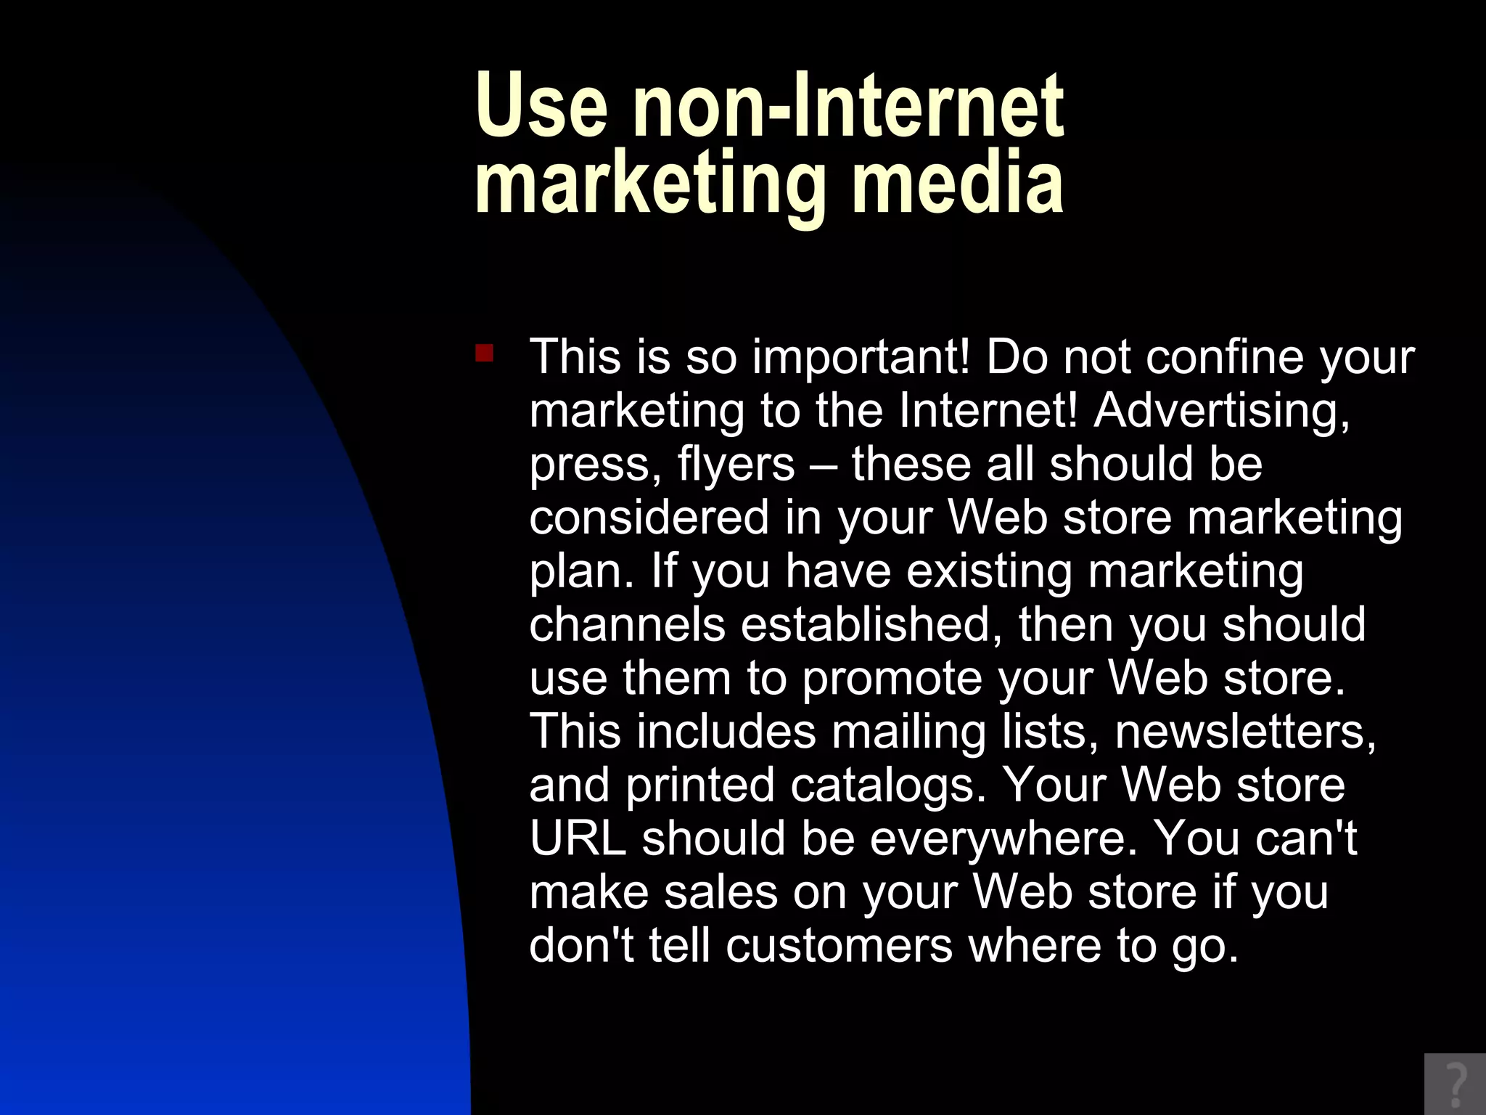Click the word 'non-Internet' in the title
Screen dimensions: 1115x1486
pyautogui.click(x=848, y=106)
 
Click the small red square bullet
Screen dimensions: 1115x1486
pyautogui.click(x=484, y=354)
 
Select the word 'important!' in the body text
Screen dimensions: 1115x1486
pyautogui.click(x=861, y=357)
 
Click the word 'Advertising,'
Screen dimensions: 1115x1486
pyautogui.click(x=1222, y=411)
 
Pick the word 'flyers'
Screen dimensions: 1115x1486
pyautogui.click(x=736, y=465)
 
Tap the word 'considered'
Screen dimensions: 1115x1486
pyautogui.click(x=649, y=518)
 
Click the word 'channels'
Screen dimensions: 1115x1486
pyautogui.click(x=627, y=624)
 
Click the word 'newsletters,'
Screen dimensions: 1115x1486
pyautogui.click(x=1245, y=732)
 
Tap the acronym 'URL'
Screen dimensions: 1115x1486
pyautogui.click(x=578, y=838)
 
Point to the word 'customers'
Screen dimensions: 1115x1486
pyautogui.click(x=839, y=945)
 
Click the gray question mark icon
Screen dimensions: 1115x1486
pyautogui.click(x=1455, y=1084)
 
